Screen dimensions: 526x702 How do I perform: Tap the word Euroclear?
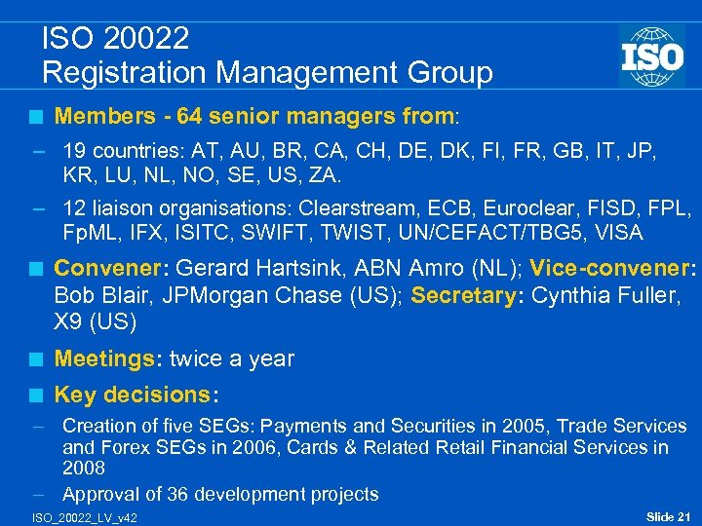click(x=499, y=208)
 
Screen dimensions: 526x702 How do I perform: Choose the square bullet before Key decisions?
click(x=36, y=395)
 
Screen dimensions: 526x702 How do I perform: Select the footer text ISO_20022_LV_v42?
click(x=84, y=516)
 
